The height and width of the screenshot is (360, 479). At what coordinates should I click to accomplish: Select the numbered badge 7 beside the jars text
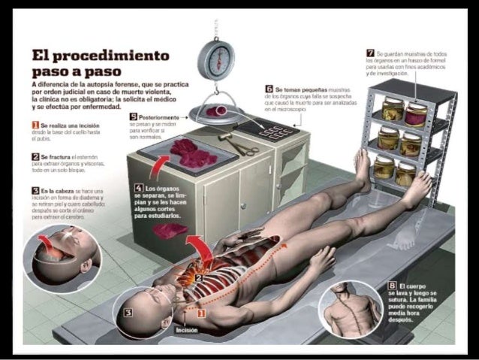point(370,53)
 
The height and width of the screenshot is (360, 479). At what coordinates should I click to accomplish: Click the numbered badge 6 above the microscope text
point(269,89)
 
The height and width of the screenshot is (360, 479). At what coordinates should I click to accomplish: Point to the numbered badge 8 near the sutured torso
point(391,286)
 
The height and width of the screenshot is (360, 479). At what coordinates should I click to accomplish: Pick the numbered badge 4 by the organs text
point(139,188)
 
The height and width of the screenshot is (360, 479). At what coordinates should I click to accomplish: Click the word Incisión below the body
point(187,329)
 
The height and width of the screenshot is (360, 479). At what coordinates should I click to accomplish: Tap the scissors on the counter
point(242,147)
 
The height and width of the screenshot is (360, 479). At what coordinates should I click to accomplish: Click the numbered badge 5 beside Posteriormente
point(133,116)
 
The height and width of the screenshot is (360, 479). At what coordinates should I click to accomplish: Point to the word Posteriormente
point(160,117)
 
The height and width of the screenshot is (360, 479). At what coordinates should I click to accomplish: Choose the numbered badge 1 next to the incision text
point(35,124)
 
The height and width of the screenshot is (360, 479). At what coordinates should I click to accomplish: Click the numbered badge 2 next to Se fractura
point(35,156)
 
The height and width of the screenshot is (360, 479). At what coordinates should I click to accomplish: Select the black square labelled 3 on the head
point(128,311)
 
